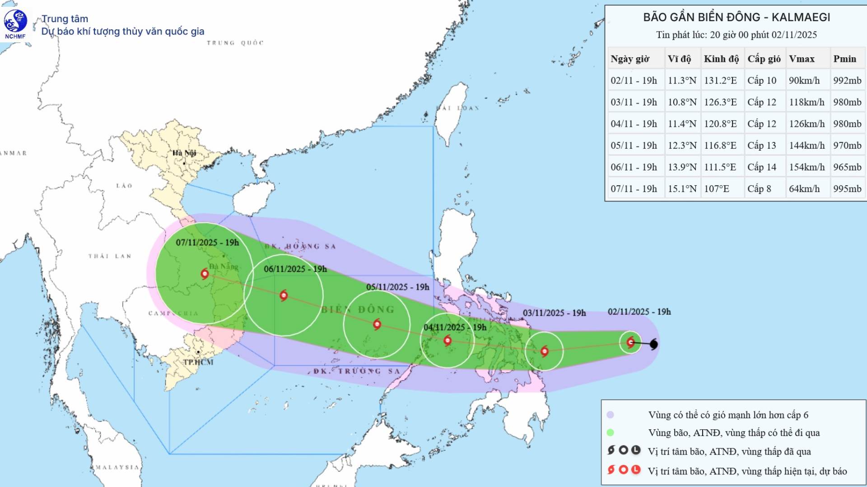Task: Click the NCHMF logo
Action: [15, 24]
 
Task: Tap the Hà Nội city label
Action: [184, 153]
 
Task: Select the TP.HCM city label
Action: [198, 362]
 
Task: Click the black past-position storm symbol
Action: [653, 345]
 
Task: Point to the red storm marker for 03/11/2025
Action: [545, 351]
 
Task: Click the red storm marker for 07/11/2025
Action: [205, 273]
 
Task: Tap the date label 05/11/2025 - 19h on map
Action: [397, 287]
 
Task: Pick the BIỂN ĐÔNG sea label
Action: [358, 309]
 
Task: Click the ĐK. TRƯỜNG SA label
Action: [357, 371]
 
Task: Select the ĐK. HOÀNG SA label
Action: [300, 246]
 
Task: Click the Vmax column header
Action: [802, 59]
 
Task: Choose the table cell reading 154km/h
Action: [806, 167]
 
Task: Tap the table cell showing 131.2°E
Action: [720, 80]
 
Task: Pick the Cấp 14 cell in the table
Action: [761, 167]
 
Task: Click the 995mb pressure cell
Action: [847, 188]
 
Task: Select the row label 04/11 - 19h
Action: [634, 124]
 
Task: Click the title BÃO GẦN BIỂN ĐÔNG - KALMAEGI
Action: [736, 17]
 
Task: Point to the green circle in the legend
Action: [611, 432]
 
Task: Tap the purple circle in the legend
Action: [611, 415]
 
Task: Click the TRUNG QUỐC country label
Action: [235, 43]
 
